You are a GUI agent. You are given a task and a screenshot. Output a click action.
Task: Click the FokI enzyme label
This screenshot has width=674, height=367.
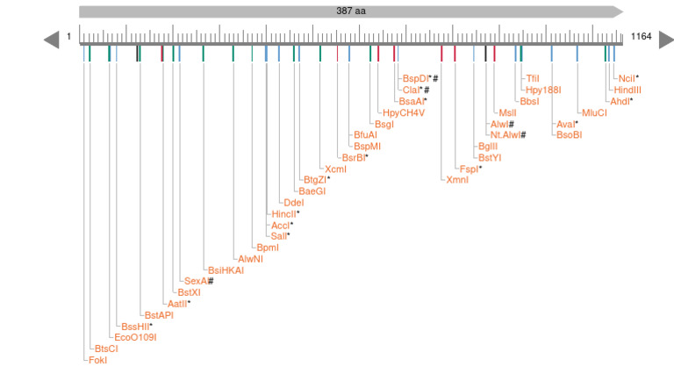click(97, 359)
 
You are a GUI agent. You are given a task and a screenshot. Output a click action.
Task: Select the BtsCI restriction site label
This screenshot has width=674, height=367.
click(106, 348)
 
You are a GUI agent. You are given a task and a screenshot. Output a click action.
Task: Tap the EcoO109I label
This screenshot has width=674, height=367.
click(135, 336)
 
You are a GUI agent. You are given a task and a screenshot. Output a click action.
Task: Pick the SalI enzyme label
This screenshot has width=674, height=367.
click(279, 235)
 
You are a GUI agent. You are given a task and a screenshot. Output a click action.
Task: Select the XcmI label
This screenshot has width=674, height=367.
click(335, 168)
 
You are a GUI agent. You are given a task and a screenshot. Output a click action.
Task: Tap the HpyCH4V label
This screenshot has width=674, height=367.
click(404, 112)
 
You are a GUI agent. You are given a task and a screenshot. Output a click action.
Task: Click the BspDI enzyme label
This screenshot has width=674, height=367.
click(417, 78)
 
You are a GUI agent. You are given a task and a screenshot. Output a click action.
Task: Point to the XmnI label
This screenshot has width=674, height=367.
click(457, 179)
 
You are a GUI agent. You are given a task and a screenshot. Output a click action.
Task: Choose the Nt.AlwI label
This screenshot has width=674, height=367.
click(507, 134)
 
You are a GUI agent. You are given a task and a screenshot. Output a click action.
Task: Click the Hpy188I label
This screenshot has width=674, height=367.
click(541, 90)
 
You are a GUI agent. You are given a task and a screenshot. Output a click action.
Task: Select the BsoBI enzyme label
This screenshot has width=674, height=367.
click(569, 134)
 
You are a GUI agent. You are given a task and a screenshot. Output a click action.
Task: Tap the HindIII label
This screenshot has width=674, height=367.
click(628, 90)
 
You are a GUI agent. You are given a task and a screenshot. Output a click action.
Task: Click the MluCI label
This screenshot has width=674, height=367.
click(594, 112)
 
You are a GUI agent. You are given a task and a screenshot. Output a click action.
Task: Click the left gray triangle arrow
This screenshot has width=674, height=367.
click(51, 40)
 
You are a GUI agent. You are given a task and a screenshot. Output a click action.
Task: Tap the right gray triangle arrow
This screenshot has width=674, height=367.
click(665, 40)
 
